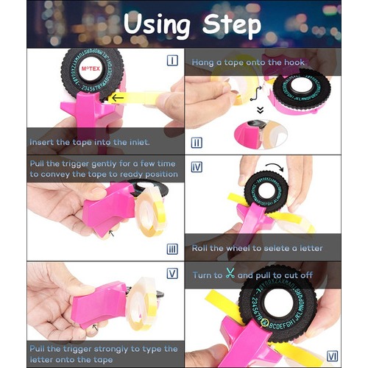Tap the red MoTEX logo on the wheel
91,68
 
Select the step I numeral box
172,60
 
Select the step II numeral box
197,143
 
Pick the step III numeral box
172,250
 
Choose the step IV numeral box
197,167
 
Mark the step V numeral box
172,274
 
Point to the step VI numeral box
333,356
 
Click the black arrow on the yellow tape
118,98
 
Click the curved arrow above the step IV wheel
275,166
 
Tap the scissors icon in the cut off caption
230,274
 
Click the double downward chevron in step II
261,110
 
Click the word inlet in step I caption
139,142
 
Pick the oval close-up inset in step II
261,135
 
